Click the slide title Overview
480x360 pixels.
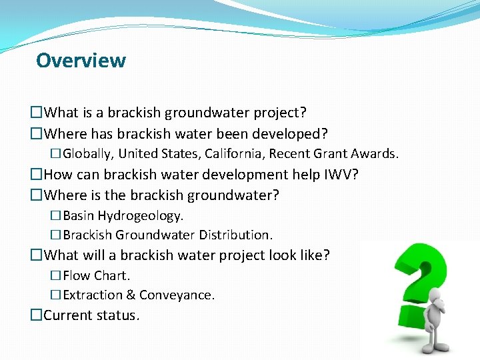(81, 60)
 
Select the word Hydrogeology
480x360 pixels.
(141, 215)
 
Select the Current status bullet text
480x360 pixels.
(91, 315)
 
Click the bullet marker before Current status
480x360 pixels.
(37, 315)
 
